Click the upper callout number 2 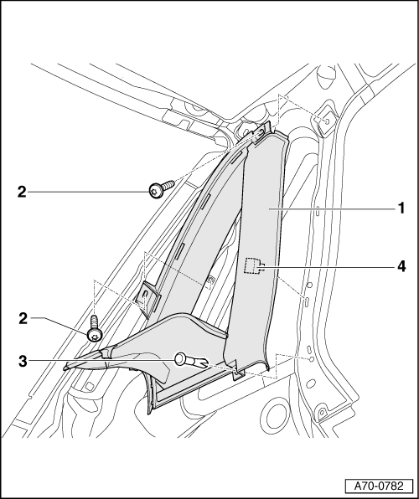click(22, 192)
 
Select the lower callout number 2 click(22, 318)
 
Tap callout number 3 click(22, 362)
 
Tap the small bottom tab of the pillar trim click(238, 369)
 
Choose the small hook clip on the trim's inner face click(210, 279)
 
